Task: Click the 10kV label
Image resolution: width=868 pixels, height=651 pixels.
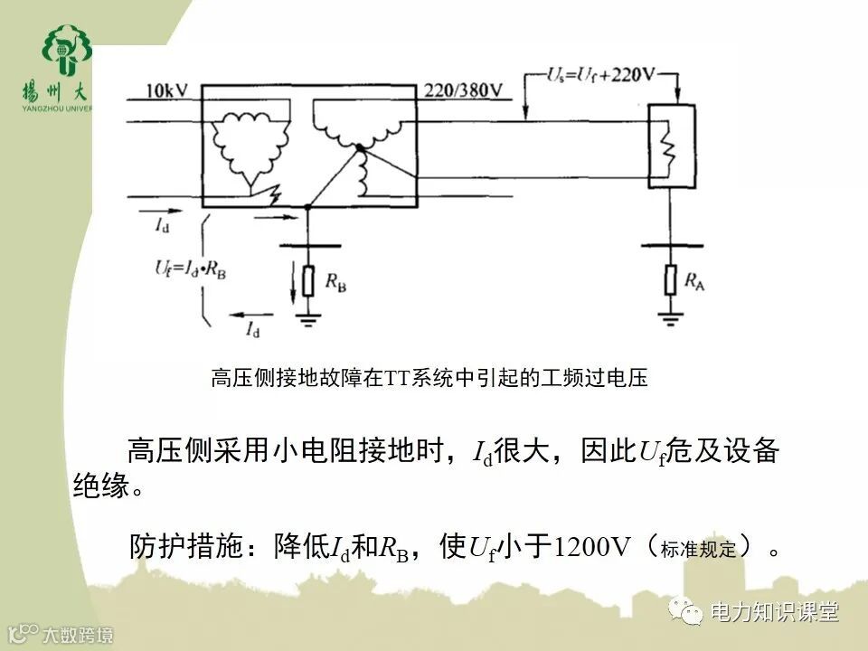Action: (166, 91)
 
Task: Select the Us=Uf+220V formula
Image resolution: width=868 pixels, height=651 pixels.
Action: (600, 75)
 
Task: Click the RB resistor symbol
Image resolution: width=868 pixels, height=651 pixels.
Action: (307, 282)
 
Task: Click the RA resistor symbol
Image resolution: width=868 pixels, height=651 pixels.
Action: (670, 280)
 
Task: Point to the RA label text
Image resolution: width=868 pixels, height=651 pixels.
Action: (695, 283)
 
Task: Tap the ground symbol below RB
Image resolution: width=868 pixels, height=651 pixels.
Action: (307, 316)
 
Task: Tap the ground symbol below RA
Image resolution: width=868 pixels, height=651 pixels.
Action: (670, 316)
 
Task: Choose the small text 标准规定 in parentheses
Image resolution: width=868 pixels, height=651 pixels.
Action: (699, 549)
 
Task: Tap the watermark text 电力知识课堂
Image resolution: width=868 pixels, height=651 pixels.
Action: (775, 612)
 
